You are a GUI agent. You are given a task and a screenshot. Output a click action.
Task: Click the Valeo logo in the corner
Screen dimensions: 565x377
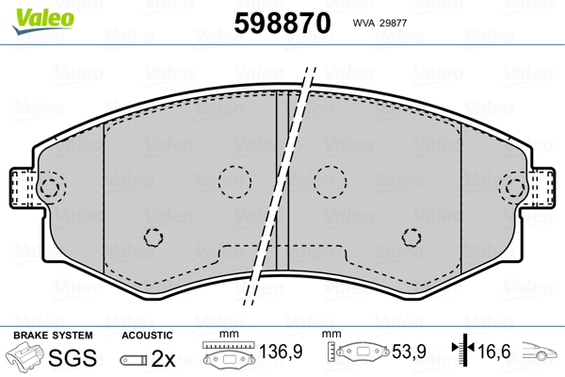(x=43, y=21)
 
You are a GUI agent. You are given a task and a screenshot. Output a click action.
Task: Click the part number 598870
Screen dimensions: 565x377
(x=282, y=23)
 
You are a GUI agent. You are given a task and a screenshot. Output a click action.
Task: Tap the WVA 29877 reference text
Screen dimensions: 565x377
(x=379, y=23)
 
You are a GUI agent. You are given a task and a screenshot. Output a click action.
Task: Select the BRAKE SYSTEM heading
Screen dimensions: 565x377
(x=53, y=336)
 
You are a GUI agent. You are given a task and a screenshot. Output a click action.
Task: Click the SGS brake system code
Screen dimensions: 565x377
(x=73, y=358)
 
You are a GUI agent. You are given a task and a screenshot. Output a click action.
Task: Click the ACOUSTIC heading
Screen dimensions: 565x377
(x=147, y=336)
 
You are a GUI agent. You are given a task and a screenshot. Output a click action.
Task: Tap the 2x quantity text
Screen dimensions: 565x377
(x=163, y=358)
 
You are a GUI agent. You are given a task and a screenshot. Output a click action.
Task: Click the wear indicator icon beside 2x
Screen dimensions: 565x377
(x=134, y=360)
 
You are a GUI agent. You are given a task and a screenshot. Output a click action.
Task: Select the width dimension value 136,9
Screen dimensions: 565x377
(x=281, y=352)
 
